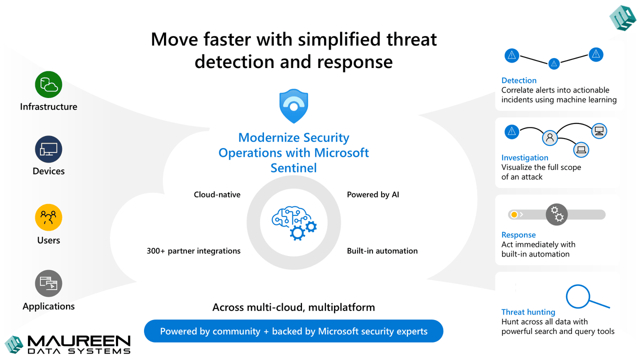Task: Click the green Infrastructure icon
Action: pyautogui.click(x=48, y=84)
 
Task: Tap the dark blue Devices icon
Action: pyautogui.click(x=48, y=149)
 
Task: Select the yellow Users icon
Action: pyautogui.click(x=48, y=217)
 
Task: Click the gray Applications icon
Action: pyautogui.click(x=48, y=283)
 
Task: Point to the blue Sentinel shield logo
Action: pyautogui.click(x=293, y=106)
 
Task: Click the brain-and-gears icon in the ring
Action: pyautogui.click(x=294, y=223)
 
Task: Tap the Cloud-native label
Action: pyautogui.click(x=217, y=194)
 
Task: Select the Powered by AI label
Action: pyautogui.click(x=373, y=195)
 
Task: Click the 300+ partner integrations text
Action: pyautogui.click(x=193, y=251)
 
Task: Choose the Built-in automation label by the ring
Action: pyautogui.click(x=382, y=251)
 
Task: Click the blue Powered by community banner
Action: pyautogui.click(x=293, y=331)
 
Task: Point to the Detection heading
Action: pyautogui.click(x=519, y=80)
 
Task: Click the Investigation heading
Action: pyautogui.click(x=525, y=157)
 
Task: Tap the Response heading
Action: pyautogui.click(x=518, y=235)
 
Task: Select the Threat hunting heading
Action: pyautogui.click(x=528, y=312)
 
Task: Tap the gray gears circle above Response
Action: pyautogui.click(x=556, y=214)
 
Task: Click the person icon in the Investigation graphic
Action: pyautogui.click(x=549, y=138)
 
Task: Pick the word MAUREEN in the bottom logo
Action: pyautogui.click(x=79, y=341)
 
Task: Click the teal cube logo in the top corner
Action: pyautogui.click(x=623, y=17)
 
